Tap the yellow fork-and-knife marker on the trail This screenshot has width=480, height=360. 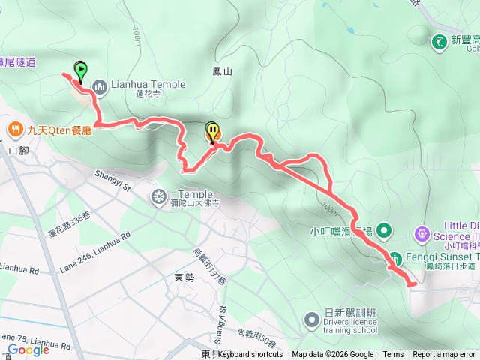tap(213, 133)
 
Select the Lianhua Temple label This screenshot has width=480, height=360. tap(148, 84)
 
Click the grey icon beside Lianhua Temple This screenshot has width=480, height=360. tap(100, 85)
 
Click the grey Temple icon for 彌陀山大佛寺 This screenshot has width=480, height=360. tap(159, 197)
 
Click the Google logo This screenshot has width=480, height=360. tap(28, 349)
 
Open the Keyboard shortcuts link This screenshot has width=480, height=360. tap(250, 354)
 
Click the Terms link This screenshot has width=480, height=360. tap(393, 354)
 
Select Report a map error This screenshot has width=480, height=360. tap(444, 354)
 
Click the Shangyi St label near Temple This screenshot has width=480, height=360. tap(112, 181)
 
